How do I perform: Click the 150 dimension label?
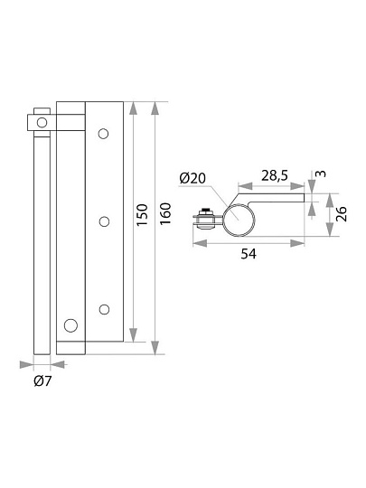click(x=142, y=215)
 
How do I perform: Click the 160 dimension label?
click(x=165, y=213)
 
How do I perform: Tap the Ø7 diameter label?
click(x=42, y=381)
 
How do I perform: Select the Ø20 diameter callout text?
click(x=192, y=178)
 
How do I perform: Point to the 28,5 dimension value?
click(x=275, y=175)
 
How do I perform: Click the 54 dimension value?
click(x=249, y=254)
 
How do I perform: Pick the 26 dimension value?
click(x=342, y=214)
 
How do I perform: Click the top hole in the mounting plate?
click(x=103, y=134)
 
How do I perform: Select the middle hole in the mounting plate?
click(x=104, y=221)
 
